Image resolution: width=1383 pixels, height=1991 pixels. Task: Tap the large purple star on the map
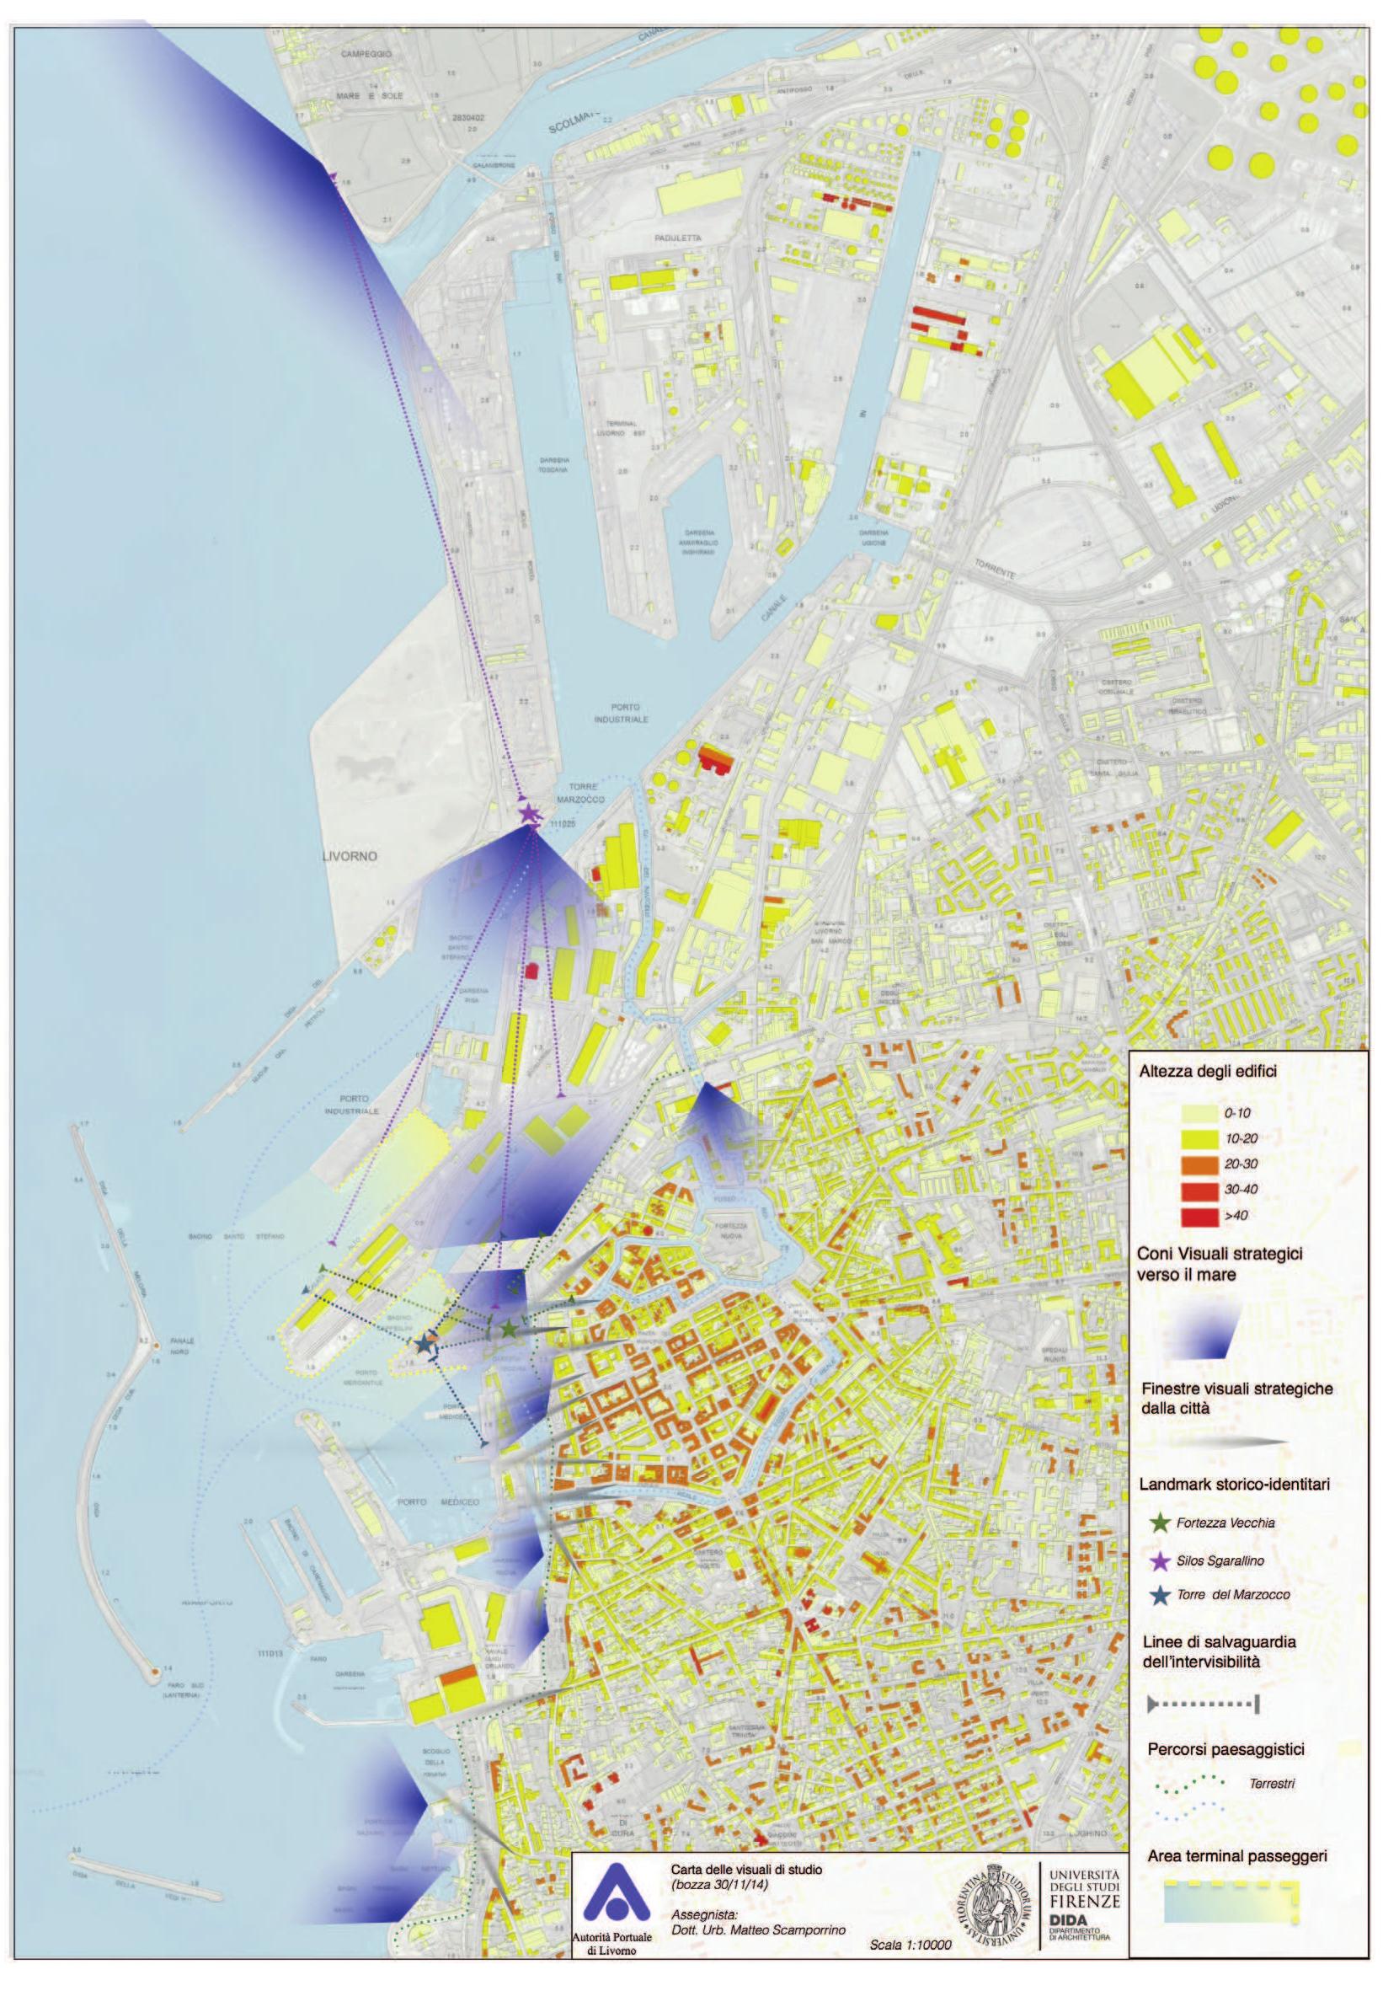pyautogui.click(x=529, y=814)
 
